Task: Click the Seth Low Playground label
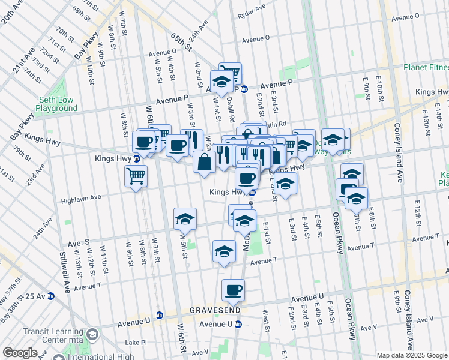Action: pos(56,104)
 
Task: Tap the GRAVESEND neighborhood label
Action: pos(215,310)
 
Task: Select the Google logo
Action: pos(20,353)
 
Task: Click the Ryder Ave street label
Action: pos(251,12)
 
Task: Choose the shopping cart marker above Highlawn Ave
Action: pos(136,177)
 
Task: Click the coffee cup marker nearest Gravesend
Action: pos(233,290)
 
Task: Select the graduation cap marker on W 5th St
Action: pos(185,219)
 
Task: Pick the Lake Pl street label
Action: pos(136,342)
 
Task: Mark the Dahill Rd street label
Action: pos(230,111)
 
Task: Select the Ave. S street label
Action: pos(78,242)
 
